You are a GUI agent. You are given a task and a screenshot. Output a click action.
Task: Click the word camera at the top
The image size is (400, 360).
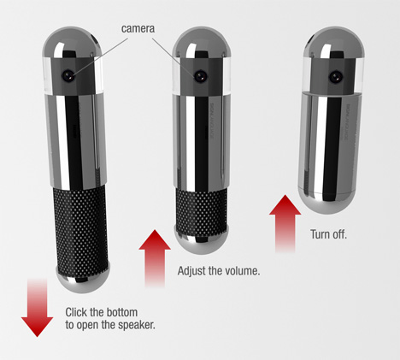[138, 28]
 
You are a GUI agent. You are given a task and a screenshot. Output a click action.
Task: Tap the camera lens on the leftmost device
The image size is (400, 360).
[68, 75]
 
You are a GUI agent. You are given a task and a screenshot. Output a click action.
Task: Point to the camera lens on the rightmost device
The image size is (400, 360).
[335, 77]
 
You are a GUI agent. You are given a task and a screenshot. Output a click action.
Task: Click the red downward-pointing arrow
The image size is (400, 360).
[37, 308]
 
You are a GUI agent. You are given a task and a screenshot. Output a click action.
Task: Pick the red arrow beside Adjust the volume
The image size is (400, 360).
[155, 258]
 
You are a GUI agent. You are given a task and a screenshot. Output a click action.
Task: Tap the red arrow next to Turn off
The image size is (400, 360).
[285, 223]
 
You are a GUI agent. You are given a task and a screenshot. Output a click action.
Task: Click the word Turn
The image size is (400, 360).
[319, 234]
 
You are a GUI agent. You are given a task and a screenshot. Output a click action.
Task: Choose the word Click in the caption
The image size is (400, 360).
[76, 312]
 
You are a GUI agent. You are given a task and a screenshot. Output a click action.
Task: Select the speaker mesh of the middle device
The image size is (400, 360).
[202, 208]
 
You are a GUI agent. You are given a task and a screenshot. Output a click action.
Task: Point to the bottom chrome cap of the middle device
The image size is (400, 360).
[202, 239]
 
